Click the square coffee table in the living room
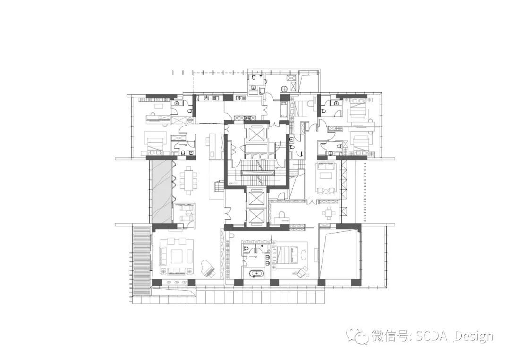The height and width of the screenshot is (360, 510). [x=178, y=256]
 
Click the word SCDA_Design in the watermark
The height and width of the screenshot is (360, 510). [x=454, y=336]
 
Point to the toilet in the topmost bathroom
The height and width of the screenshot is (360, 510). [x=254, y=76]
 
